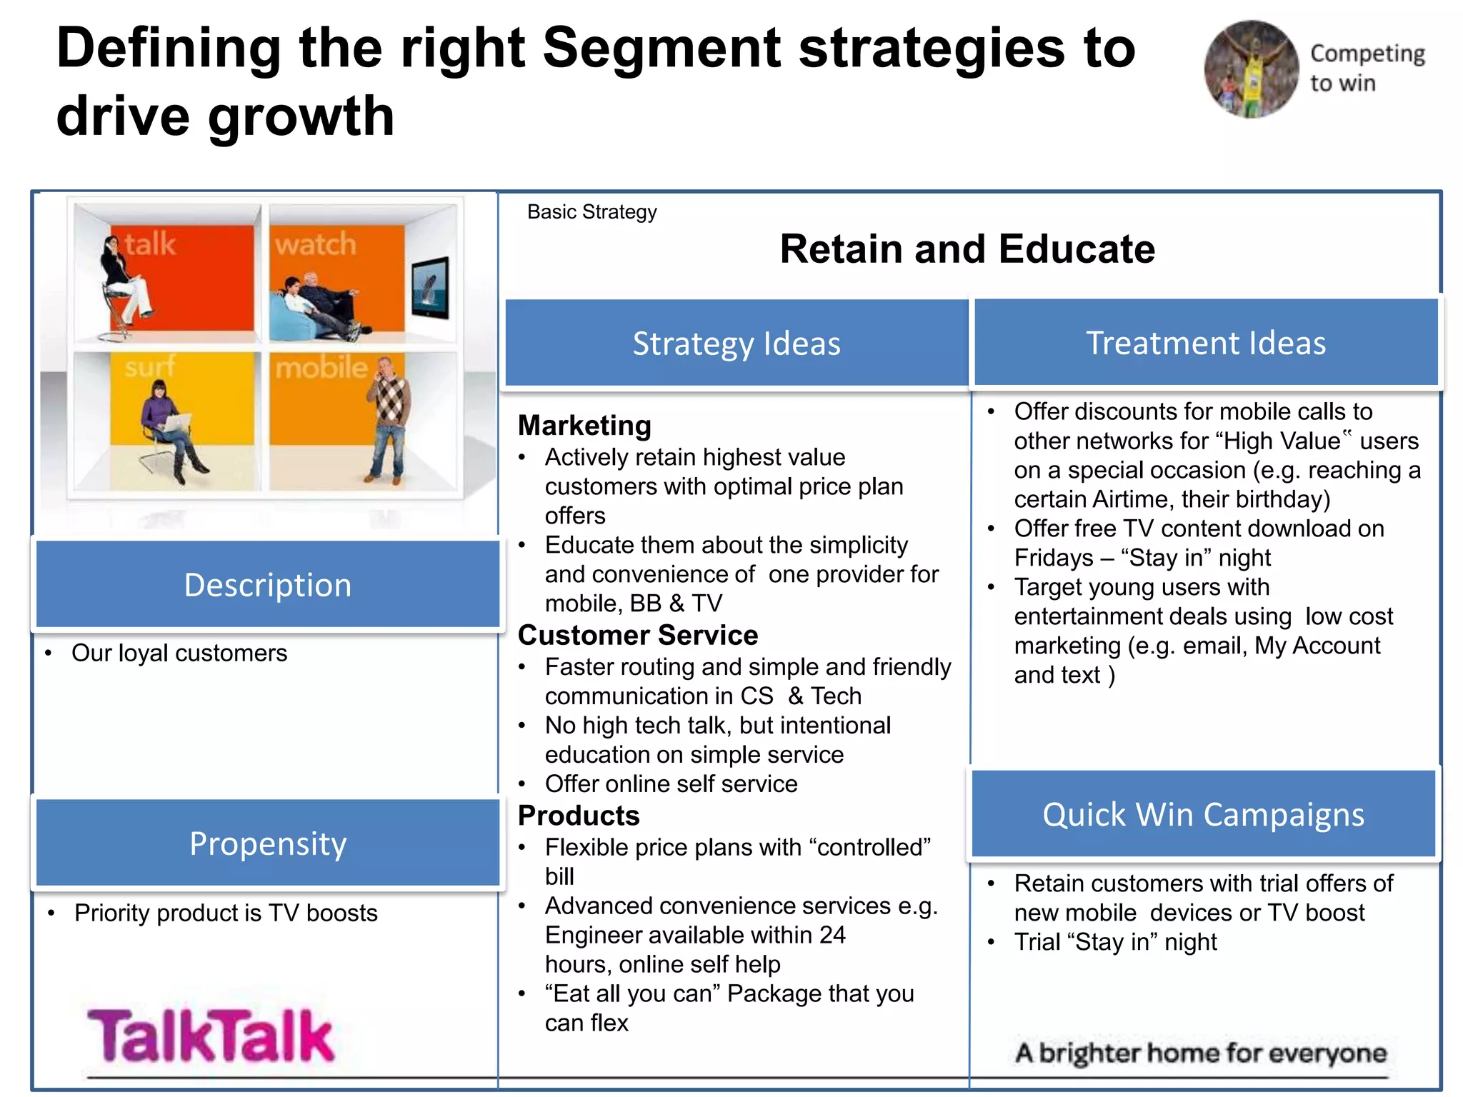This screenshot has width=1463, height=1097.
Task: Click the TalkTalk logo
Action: coord(211,1036)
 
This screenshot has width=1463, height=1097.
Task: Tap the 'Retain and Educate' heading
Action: coord(967,249)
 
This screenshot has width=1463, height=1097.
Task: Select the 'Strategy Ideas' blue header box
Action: coord(737,344)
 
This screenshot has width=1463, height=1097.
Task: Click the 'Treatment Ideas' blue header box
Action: coord(1206,343)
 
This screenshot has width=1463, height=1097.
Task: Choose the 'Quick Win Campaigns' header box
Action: coord(1203,814)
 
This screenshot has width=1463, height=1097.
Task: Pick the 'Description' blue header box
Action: coord(268,585)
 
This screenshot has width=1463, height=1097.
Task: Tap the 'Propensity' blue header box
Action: coord(268,843)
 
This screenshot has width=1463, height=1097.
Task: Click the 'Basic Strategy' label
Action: coord(591,212)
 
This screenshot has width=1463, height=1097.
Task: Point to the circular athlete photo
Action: coord(1251,69)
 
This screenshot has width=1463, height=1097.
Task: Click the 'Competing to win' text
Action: coord(1366,68)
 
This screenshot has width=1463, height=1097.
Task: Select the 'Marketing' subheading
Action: coord(584,426)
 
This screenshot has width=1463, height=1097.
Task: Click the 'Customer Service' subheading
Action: coord(637,635)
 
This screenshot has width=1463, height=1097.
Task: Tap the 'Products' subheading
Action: coord(579,816)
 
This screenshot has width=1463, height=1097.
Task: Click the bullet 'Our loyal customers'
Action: coord(179,653)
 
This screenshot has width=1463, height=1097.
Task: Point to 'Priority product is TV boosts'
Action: coord(226,913)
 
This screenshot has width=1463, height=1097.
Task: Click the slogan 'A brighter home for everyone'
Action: coord(1201,1053)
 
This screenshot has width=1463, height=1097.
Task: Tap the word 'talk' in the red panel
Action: coord(150,244)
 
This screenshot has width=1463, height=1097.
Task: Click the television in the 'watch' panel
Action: coord(431,287)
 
